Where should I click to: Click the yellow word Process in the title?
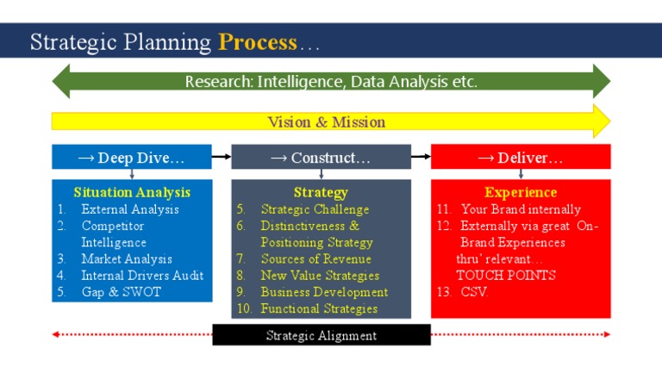258,42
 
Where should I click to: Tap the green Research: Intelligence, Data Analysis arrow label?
331,82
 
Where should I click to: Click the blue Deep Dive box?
131,158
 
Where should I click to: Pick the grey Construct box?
321,158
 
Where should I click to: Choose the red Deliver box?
521,158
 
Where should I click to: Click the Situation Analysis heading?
132,192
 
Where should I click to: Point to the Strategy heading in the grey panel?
321,192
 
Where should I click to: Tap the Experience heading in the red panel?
521,192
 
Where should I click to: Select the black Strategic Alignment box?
322,335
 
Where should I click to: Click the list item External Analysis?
130,209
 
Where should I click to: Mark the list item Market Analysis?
127,258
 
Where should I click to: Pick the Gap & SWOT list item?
121,292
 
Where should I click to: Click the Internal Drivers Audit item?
142,276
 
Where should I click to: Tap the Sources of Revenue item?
316,258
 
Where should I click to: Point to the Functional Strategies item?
319,308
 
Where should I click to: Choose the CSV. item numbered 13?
475,292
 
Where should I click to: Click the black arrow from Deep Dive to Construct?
222,157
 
